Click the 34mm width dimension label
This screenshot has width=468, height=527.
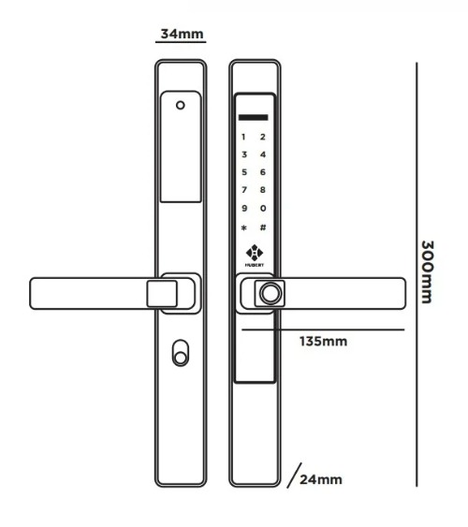pyautogui.click(x=182, y=34)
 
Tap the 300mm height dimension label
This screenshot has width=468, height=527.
pyautogui.click(x=428, y=271)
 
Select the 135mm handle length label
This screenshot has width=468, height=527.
pyautogui.click(x=323, y=342)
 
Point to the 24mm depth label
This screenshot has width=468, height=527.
pyautogui.click(x=321, y=479)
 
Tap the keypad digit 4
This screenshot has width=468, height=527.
pyautogui.click(x=263, y=154)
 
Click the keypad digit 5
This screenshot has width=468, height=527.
pyautogui.click(x=244, y=172)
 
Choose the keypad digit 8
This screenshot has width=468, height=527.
pyautogui.click(x=263, y=190)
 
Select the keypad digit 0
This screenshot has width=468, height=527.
pyautogui.click(x=263, y=209)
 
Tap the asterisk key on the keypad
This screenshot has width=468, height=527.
pyautogui.click(x=244, y=227)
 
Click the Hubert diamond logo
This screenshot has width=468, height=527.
pyautogui.click(x=255, y=253)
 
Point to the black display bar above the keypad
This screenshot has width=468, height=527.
pyautogui.click(x=254, y=118)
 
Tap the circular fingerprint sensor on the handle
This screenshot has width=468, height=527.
pyautogui.click(x=270, y=294)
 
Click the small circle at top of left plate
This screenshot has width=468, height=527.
pyautogui.click(x=181, y=106)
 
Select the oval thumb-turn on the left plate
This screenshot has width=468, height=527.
pyautogui.click(x=181, y=353)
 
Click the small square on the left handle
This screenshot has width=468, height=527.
pyautogui.click(x=162, y=294)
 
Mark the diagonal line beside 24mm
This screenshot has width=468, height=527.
pyautogui.click(x=294, y=476)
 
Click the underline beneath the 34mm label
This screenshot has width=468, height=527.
pyautogui.click(x=181, y=42)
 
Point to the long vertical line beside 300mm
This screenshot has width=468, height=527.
pyautogui.click(x=417, y=274)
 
